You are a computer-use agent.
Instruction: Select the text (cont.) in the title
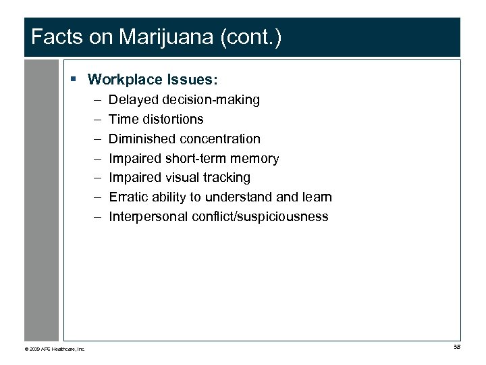click(250, 37)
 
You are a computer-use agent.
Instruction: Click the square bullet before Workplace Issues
click(74, 80)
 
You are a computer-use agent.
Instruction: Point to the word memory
click(256, 159)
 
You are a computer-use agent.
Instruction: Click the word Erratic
click(126, 197)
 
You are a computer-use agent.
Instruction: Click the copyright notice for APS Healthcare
click(55, 349)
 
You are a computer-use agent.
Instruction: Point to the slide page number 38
click(456, 347)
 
